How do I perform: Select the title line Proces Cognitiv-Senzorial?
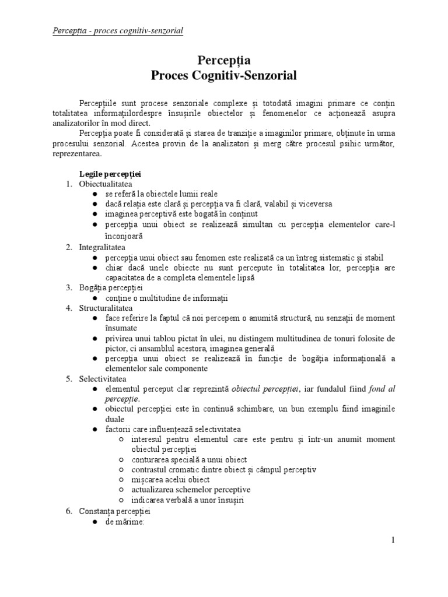point(224,76)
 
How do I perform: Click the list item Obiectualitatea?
point(102,184)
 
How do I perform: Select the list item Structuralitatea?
point(106,307)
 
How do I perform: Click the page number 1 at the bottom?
point(393,540)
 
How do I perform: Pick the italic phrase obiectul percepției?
point(265,389)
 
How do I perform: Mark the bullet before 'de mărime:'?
point(94,522)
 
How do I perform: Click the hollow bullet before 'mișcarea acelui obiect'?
point(121,480)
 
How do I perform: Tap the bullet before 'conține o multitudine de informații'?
point(94,298)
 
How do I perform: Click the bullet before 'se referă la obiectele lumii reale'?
point(94,194)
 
